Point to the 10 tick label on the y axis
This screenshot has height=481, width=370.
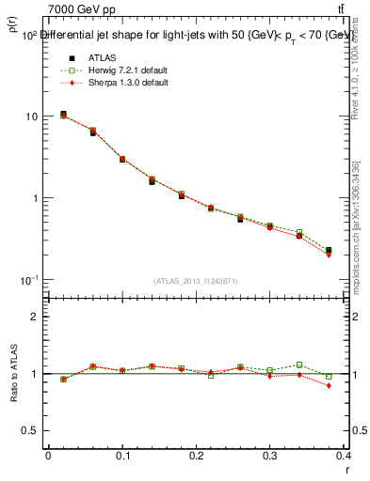32,116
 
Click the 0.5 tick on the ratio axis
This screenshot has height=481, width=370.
31,430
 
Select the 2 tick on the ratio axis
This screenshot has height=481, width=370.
35,317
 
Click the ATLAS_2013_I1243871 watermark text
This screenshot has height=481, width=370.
196,281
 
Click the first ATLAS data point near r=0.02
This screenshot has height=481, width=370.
63,115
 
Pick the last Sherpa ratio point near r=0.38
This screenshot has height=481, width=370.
329,385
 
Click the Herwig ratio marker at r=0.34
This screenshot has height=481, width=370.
299,365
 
